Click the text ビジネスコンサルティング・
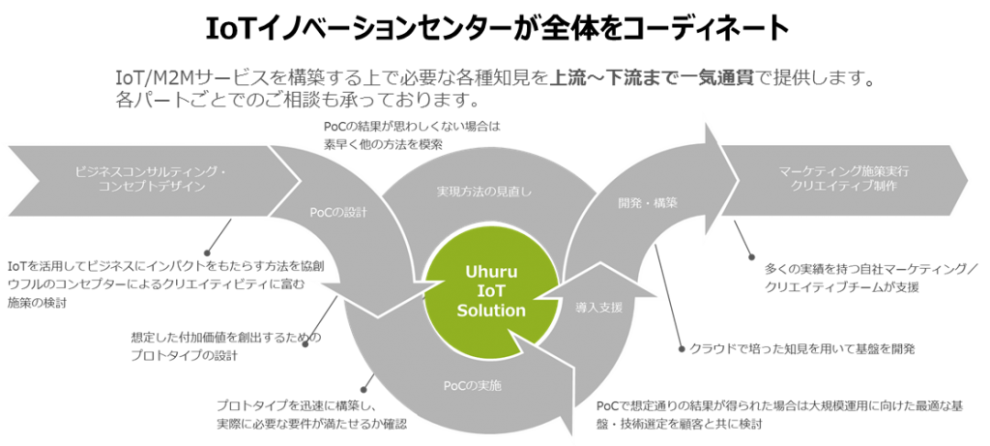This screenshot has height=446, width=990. (x=150, y=171)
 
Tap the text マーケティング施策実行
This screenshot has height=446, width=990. (x=843, y=170)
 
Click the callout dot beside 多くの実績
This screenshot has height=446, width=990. (x=754, y=256)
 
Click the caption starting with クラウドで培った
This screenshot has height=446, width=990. (x=802, y=346)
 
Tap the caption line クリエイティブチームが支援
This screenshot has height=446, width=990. (x=841, y=287)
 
